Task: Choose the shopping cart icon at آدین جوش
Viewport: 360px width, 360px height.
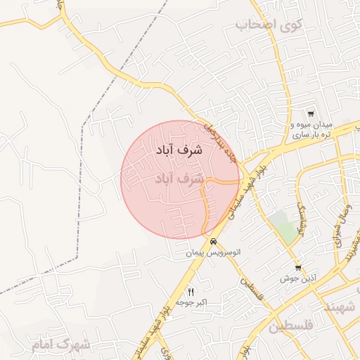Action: click(298, 267)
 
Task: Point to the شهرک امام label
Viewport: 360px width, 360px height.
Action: click(62, 345)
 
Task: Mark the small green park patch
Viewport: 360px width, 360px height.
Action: click(286, 228)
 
